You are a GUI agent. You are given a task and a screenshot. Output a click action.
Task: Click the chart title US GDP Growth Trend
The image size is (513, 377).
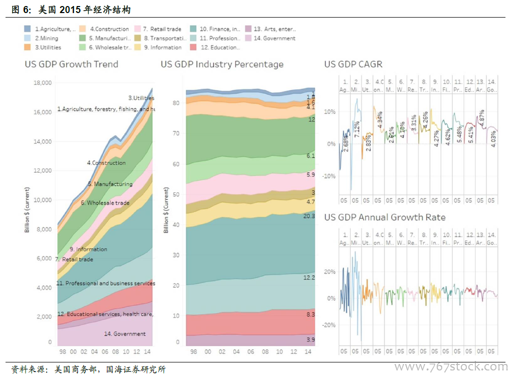point(72,64)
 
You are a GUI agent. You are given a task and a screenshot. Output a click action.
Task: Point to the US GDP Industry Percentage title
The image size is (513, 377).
point(222,64)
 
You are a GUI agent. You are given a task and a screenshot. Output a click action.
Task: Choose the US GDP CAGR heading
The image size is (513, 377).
point(353,64)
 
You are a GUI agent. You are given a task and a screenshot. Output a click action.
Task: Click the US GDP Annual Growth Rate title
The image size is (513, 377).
point(385,217)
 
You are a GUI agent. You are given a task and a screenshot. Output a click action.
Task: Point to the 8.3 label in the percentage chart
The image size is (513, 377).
point(311,314)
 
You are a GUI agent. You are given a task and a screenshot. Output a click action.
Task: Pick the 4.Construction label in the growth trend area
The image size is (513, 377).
point(106,163)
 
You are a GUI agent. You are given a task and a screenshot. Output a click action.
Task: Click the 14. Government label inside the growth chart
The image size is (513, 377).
point(124,334)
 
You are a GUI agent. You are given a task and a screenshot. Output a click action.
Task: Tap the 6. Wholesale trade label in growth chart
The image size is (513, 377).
point(105,203)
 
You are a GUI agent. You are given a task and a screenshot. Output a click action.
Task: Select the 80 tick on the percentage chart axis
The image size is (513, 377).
point(176,103)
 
